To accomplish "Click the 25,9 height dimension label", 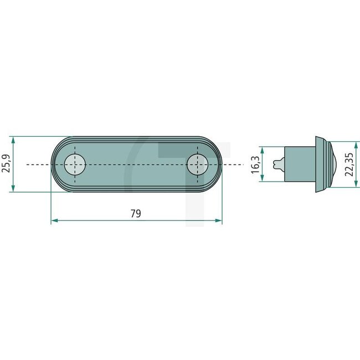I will (x=6, y=164).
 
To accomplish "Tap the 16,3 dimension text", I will (x=256, y=164).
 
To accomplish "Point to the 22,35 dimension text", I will (x=349, y=164).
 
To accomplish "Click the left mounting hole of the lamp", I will (x=75, y=164).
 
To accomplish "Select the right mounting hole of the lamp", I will (x=197, y=164).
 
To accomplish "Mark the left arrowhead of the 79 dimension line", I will (x=54, y=220).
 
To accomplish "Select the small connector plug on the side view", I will (x=280, y=164).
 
